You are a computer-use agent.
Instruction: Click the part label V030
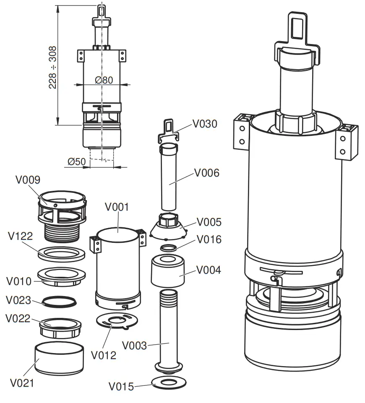205,124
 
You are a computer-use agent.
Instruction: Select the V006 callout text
206,173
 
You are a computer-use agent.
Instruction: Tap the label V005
209,222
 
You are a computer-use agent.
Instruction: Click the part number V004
209,270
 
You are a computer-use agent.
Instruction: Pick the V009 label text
28,180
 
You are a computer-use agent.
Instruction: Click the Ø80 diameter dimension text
104,80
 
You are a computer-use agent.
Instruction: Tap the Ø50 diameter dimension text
76,161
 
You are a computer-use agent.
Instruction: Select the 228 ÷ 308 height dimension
53,67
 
